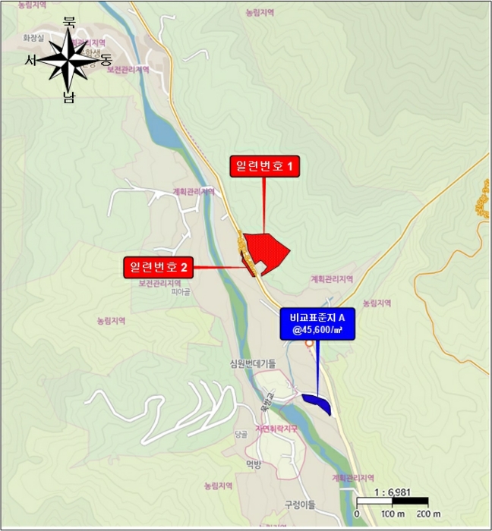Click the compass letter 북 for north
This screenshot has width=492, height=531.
coord(69,22)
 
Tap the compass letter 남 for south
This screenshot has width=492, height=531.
coord(69,98)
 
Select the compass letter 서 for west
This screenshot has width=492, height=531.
coord(30,60)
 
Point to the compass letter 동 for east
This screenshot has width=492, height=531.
coord(106,61)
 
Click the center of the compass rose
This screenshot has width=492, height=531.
coord(68,60)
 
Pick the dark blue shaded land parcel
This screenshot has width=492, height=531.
coord(317,403)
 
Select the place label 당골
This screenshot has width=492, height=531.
coord(241,434)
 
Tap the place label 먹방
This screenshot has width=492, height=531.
coord(253,464)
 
